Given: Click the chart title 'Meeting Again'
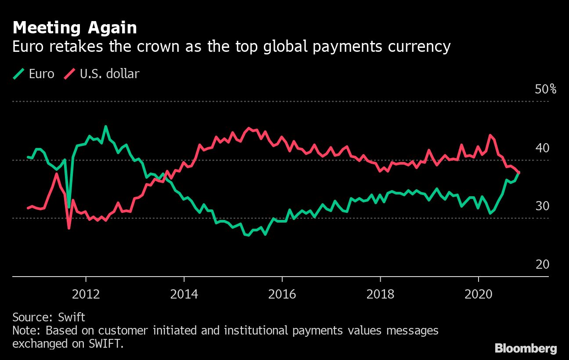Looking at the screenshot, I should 75,28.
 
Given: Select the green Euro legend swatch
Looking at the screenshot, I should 18,74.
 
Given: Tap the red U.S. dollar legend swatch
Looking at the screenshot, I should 69,74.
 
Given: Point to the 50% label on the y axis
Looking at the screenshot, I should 546,90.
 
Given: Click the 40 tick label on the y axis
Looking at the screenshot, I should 542,148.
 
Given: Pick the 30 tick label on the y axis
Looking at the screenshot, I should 542,206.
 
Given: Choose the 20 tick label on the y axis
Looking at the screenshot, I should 542,264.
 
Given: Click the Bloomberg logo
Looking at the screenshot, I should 526,349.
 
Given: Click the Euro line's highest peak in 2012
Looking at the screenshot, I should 105,126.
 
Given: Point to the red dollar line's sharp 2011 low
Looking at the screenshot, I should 69,228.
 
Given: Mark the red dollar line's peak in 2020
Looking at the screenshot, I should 490,135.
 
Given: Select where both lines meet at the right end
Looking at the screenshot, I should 519,173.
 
